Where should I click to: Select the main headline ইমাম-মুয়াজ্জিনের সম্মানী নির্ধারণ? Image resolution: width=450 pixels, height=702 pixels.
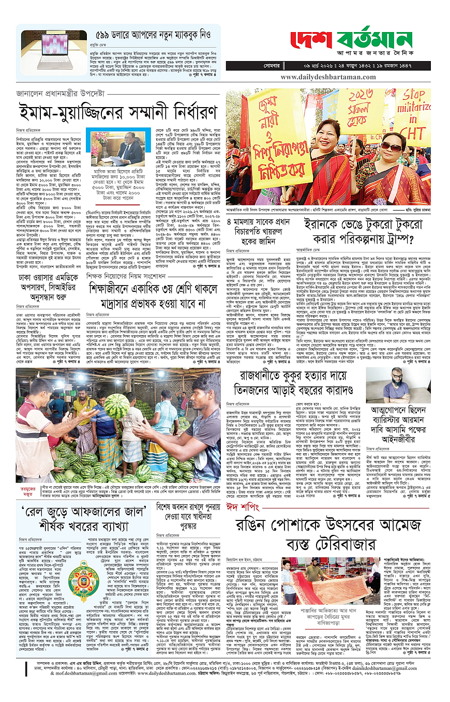pos(118,112)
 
